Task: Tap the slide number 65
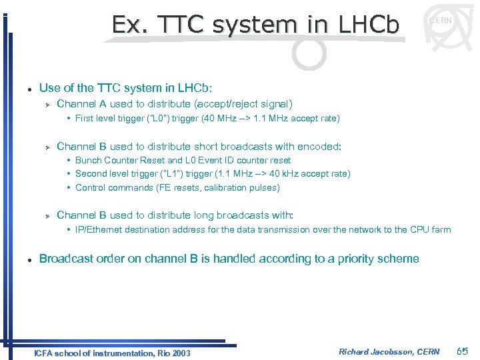click(463, 351)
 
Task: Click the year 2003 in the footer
click(179, 353)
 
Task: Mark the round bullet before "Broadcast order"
click(24, 259)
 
